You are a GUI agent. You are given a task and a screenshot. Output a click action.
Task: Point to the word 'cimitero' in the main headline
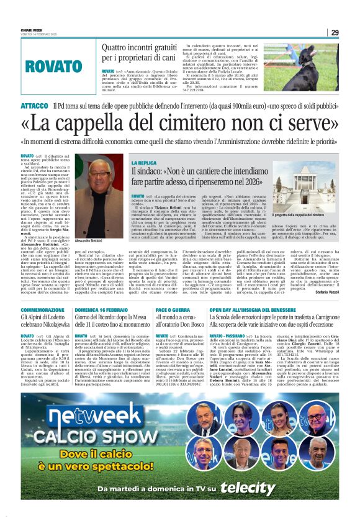click(x=190, y=124)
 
